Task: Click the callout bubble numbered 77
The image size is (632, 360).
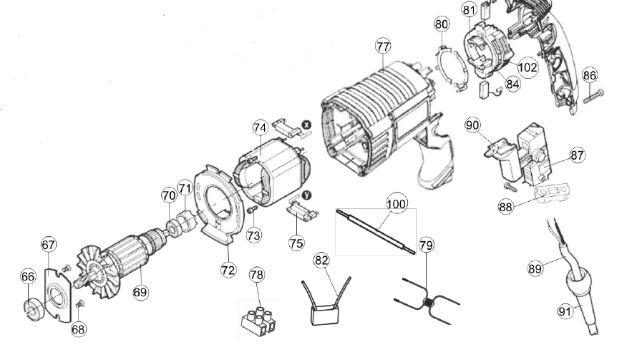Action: [383, 47]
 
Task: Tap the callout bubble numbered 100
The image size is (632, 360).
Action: [397, 203]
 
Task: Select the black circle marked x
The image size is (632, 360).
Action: [307, 125]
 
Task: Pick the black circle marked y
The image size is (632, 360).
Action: [307, 195]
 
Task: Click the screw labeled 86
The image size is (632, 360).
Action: [593, 97]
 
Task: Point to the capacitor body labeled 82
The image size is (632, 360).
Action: [325, 314]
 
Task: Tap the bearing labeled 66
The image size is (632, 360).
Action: [34, 310]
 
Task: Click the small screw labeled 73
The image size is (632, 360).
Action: [253, 209]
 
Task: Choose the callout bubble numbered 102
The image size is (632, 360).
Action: [528, 67]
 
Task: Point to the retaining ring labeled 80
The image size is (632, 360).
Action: [452, 69]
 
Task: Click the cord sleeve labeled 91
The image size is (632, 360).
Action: [583, 300]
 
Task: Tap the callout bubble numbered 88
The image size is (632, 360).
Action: [505, 207]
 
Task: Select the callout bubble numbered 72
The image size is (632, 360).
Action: [228, 270]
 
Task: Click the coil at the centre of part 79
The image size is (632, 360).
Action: [428, 302]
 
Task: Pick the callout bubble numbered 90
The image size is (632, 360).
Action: [472, 125]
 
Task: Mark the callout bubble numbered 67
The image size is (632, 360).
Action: [49, 245]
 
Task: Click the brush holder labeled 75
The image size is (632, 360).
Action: [303, 210]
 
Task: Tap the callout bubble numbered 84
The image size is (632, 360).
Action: [512, 84]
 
